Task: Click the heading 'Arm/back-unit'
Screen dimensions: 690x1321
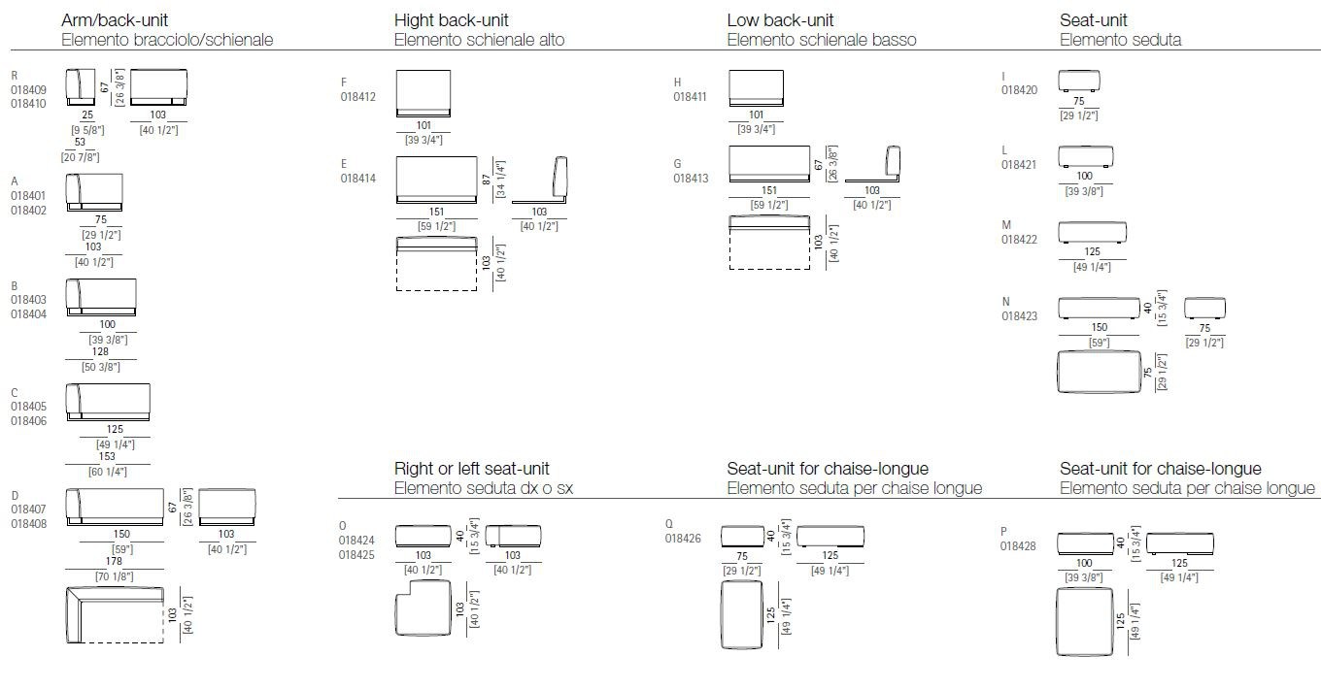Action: point(115,20)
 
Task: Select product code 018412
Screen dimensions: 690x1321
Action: point(357,97)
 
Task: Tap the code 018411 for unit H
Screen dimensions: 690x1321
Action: point(692,97)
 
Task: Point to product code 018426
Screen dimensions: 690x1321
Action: point(684,538)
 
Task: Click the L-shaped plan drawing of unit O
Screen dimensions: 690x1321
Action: point(423,610)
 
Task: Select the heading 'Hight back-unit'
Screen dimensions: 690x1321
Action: point(451,20)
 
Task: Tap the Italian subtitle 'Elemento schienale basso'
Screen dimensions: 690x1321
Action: point(822,40)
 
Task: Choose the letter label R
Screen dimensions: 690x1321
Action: point(15,75)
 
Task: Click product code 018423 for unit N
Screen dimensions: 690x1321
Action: point(1020,315)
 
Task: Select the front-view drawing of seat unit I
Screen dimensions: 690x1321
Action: point(1078,81)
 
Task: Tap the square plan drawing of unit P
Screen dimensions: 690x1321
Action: point(1084,621)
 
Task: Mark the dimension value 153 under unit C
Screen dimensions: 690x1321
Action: point(107,456)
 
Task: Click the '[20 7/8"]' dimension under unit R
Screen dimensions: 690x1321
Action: point(80,157)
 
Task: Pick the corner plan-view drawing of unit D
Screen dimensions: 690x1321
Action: point(115,615)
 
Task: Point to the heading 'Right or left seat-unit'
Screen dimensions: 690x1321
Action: point(472,469)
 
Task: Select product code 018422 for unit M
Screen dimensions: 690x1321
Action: point(1020,240)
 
